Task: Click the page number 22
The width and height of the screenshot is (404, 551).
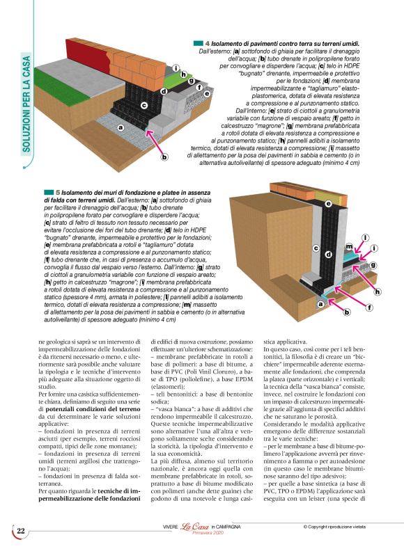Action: [x=21, y=531]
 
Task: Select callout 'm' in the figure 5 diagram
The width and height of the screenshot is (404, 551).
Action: [x=348, y=246]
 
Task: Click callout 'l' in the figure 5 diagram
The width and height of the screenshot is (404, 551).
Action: [x=365, y=238]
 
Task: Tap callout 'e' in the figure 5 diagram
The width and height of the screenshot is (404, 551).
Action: [x=328, y=203]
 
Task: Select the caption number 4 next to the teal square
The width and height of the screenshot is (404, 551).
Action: [x=208, y=44]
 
